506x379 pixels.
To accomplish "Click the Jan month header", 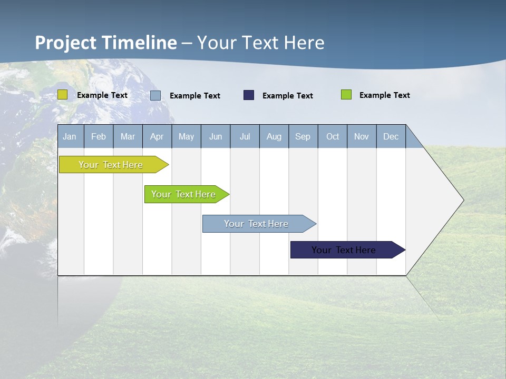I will [70, 136].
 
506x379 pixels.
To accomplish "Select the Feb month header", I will [99, 136].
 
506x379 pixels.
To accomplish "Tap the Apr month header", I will [157, 136].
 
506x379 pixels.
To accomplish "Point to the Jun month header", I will [216, 136].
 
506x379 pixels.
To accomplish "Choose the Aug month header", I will [274, 136].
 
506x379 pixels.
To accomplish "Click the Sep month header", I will [303, 136].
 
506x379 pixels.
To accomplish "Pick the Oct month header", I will [333, 136].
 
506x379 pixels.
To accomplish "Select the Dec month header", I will [391, 136].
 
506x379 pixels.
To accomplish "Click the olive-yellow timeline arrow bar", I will [111, 165].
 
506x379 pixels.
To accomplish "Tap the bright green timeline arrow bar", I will [184, 194].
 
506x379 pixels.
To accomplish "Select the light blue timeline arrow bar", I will [257, 224].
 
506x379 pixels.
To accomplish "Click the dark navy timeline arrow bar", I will [344, 250].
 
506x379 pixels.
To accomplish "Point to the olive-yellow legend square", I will [63, 95].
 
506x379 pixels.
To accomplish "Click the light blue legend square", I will [155, 95].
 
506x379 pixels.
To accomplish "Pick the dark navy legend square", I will [249, 95].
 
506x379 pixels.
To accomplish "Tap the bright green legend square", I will [346, 95].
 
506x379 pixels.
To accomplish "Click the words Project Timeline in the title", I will [106, 43].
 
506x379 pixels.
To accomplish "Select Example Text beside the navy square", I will [288, 96].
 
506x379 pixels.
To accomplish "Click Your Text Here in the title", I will [261, 43].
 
